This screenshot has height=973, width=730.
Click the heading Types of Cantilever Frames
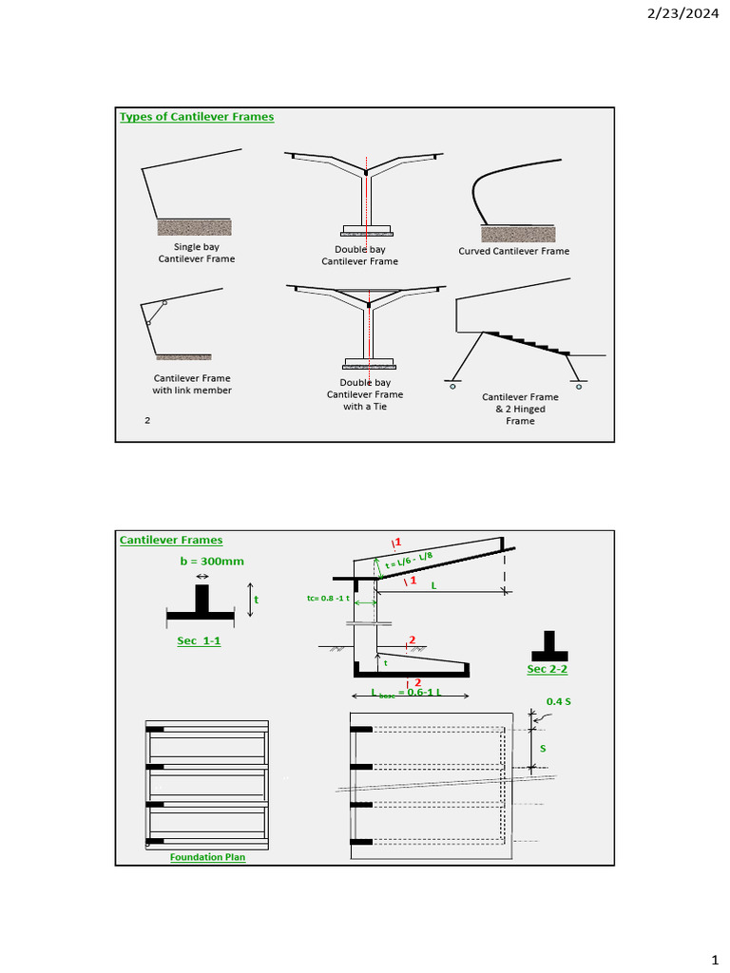pyautogui.click(x=196, y=117)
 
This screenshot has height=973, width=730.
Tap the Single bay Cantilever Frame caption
pyautogui.click(x=196, y=253)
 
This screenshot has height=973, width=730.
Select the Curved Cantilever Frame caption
pyautogui.click(x=513, y=252)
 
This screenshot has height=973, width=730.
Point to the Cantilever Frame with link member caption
pyautogui.click(x=192, y=384)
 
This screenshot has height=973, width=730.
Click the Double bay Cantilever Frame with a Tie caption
pyautogui.click(x=365, y=394)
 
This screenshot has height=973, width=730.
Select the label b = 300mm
pyautogui.click(x=211, y=562)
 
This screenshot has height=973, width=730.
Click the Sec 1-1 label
pyautogui.click(x=199, y=641)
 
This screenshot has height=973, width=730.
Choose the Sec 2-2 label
pyautogui.click(x=547, y=670)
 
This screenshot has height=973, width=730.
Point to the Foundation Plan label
pyautogui.click(x=207, y=857)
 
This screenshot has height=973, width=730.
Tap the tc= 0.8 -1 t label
pyautogui.click(x=328, y=600)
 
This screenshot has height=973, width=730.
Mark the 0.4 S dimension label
pyautogui.click(x=558, y=702)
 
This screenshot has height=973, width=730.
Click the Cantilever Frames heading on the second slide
pyautogui.click(x=171, y=541)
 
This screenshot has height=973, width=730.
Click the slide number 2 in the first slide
pyautogui.click(x=147, y=419)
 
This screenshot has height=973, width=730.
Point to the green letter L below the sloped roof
pyautogui.click(x=433, y=586)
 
